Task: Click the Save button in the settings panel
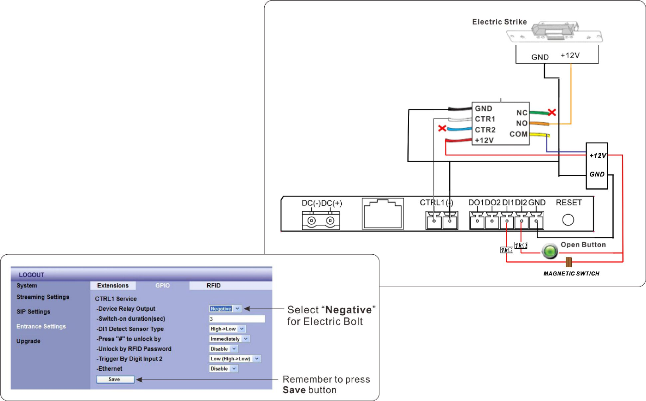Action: coord(115,379)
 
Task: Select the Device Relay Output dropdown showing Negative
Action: coord(225,309)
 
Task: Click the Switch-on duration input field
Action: coord(237,319)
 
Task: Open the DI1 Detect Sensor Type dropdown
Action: coord(227,329)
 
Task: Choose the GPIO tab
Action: coord(162,286)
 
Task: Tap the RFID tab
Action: coord(213,286)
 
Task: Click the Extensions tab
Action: coord(113,286)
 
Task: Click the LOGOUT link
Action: coord(31,275)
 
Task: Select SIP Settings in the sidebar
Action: coord(33,311)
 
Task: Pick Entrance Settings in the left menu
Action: coord(41,326)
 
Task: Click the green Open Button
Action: coord(550,251)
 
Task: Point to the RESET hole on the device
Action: coord(568,220)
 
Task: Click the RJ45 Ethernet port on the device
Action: coord(383,213)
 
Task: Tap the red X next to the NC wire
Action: coord(551,112)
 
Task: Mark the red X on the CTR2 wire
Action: coord(442,128)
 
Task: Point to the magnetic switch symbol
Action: coord(569,262)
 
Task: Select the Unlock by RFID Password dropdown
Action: coord(224,349)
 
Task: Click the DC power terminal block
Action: coord(321,221)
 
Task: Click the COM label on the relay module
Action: coord(518,134)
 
